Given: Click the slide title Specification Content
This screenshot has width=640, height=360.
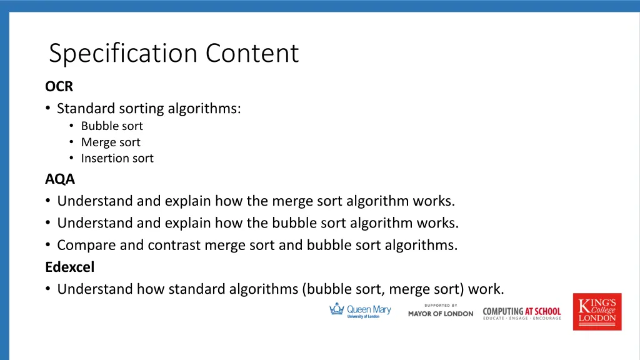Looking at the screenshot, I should [174, 53].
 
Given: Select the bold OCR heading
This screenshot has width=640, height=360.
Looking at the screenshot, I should [59, 87].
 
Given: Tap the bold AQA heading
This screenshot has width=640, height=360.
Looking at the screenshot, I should [59, 179].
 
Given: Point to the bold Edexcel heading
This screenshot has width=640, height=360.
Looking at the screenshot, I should [69, 267].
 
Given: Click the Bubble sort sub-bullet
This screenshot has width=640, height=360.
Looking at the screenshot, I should [112, 126].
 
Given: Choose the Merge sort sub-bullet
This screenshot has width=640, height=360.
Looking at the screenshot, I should [111, 142].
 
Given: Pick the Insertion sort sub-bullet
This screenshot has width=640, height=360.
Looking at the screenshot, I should [117, 159].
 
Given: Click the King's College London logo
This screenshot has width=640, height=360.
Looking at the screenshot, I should [597, 311].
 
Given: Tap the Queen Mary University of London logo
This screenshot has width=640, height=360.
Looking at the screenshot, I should [361, 311].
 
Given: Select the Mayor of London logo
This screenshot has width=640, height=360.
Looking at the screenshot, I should [441, 311].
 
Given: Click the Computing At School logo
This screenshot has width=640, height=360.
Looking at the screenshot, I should [522, 313].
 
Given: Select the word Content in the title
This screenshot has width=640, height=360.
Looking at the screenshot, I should [252, 53].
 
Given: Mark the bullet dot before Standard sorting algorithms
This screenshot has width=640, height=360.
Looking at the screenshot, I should [48, 109].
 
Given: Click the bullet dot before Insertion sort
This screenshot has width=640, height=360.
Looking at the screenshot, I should [72, 159].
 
